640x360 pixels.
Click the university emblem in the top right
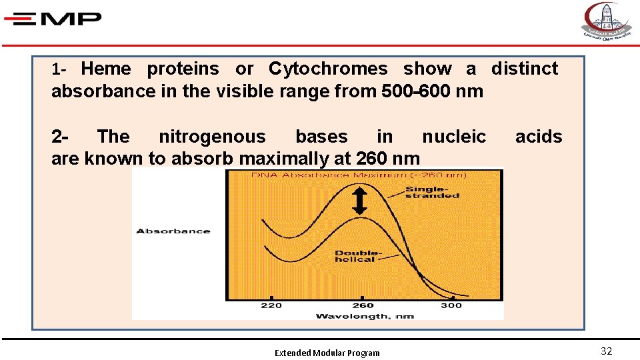(606, 21)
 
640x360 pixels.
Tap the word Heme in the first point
(105, 69)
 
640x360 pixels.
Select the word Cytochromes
(327, 69)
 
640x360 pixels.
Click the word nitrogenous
(211, 137)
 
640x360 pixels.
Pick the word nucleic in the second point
(454, 137)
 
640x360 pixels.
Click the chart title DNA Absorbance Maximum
(359, 175)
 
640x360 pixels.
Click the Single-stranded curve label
(432, 192)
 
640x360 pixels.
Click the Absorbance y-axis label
(173, 231)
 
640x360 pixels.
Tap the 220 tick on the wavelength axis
(271, 305)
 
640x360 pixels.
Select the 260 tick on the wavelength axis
(362, 305)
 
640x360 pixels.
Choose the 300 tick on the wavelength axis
(451, 305)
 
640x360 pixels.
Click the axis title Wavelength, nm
(364, 316)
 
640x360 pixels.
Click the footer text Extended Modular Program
(327, 353)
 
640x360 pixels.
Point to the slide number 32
(606, 351)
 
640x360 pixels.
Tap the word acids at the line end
(539, 137)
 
